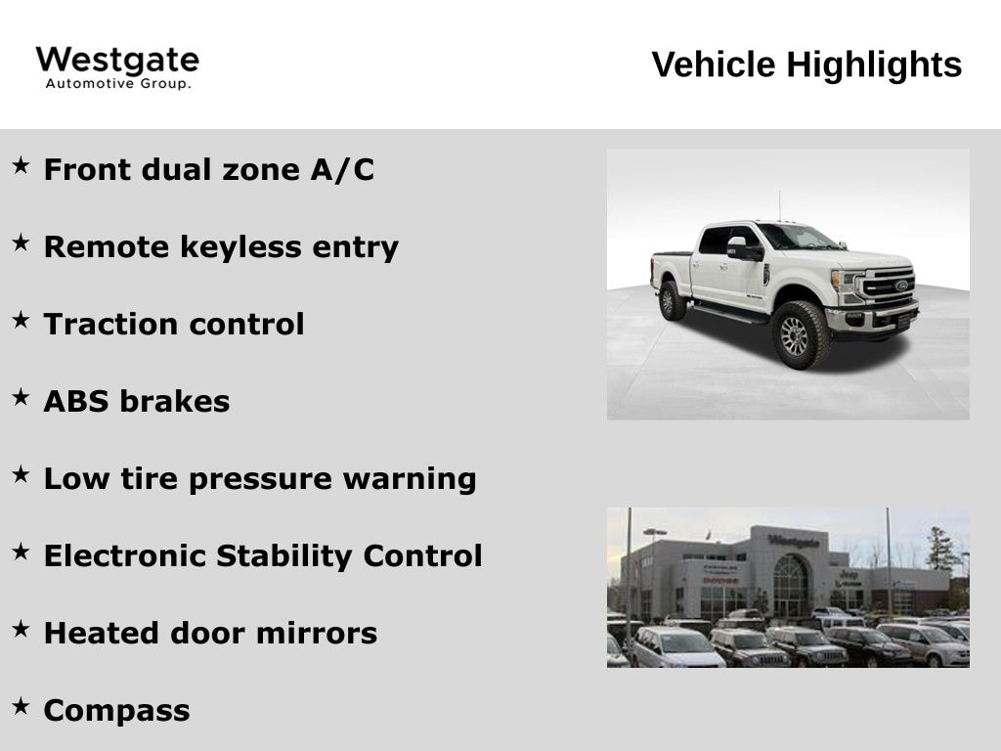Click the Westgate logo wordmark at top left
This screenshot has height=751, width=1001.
(117, 62)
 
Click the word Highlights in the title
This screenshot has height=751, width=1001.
(874, 65)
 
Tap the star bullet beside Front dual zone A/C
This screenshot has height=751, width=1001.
(22, 165)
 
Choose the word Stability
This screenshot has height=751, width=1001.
(284, 555)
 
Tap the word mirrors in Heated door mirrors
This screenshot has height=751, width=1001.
(317, 633)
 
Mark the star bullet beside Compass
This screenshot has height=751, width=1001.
(22, 706)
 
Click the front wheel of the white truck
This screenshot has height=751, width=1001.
(799, 335)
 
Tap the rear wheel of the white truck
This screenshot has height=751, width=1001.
(671, 301)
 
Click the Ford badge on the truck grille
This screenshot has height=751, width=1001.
(901, 285)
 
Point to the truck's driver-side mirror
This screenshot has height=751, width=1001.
(743, 247)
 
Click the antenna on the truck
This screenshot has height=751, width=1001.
(779, 205)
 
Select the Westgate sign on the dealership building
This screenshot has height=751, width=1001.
(794, 542)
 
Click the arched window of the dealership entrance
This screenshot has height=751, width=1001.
(791, 586)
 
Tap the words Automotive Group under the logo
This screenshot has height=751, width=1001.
(118, 84)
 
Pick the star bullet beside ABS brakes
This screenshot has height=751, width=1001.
(22, 397)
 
